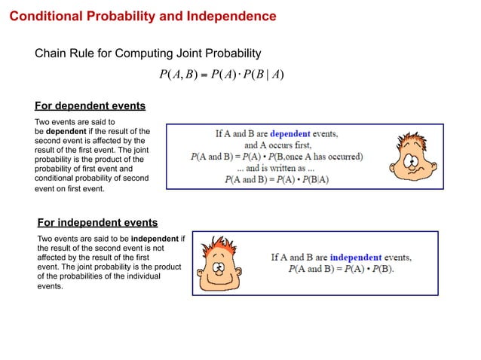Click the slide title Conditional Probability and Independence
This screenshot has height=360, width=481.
(x=142, y=16)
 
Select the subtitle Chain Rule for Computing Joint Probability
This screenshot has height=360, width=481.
(x=148, y=53)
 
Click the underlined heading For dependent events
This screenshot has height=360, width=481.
(x=90, y=105)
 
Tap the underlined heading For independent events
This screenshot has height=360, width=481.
(x=97, y=222)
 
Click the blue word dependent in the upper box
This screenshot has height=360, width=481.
(x=296, y=133)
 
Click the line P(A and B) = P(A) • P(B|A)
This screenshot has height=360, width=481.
(x=277, y=180)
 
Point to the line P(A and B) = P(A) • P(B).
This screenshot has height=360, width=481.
(x=341, y=269)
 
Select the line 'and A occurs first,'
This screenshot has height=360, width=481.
(x=277, y=145)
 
